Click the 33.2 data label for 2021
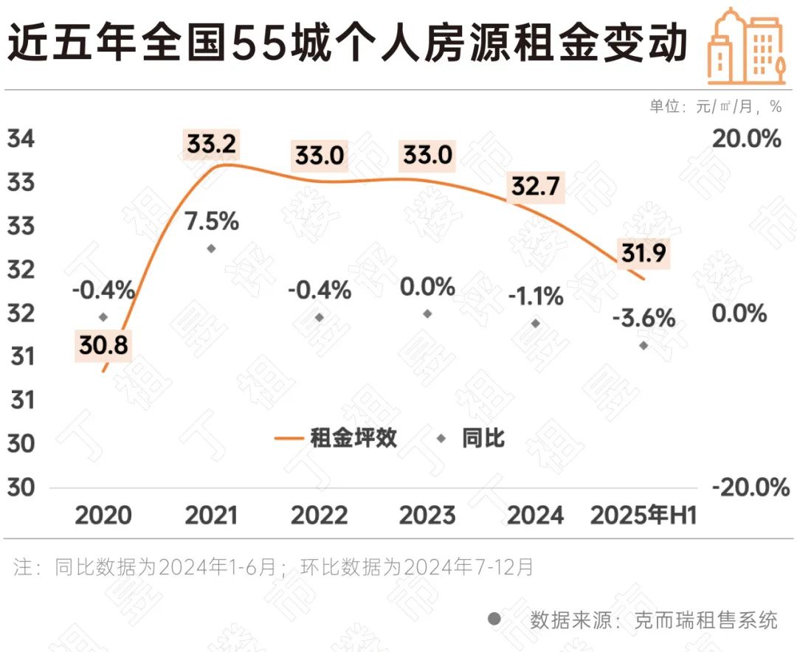(x=211, y=144)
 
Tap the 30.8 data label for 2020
(x=103, y=344)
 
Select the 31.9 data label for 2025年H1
(x=643, y=253)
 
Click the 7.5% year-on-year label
(x=211, y=221)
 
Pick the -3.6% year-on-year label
(x=644, y=319)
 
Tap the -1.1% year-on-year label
(x=536, y=296)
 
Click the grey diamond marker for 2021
(x=211, y=249)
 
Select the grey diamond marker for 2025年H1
(x=644, y=345)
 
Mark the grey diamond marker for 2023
(x=427, y=313)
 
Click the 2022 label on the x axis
(x=319, y=515)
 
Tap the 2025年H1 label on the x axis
(x=644, y=515)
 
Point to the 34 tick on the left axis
(x=21, y=139)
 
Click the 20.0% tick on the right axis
(x=746, y=139)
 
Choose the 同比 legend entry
(x=472, y=438)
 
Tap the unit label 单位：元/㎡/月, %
(x=715, y=106)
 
